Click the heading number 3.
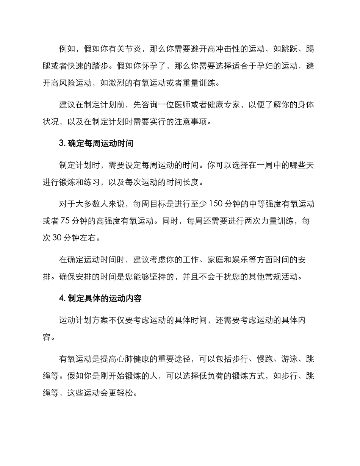(62, 144)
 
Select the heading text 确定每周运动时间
(100, 144)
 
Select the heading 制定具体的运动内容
(105, 299)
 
